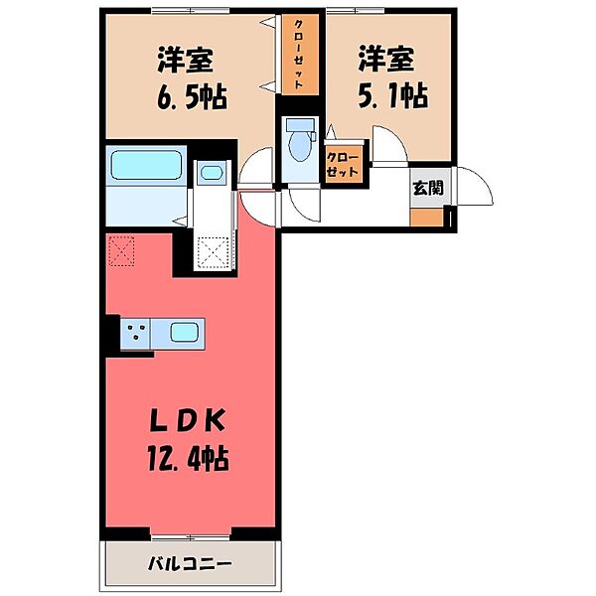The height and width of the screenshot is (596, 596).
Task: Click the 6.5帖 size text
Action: pyautogui.click(x=192, y=96)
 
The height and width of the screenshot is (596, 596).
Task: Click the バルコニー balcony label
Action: pyautogui.click(x=190, y=564)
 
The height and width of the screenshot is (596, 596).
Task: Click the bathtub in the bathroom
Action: pyautogui.click(x=144, y=165)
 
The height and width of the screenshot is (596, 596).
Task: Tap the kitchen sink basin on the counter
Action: pyautogui.click(x=184, y=333)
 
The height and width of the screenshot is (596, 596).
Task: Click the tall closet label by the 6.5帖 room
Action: pyautogui.click(x=298, y=57)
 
